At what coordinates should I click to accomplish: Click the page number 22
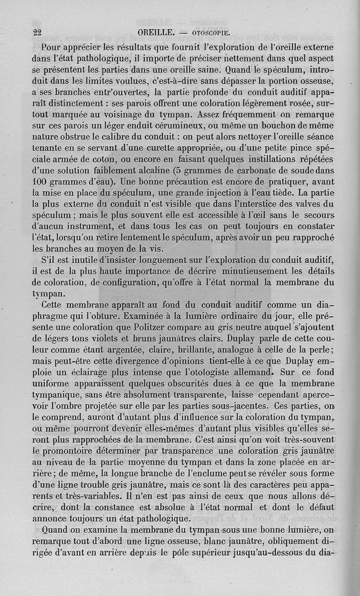37,32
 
